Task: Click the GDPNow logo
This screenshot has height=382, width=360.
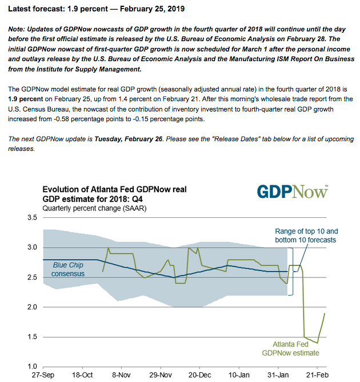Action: tap(293, 192)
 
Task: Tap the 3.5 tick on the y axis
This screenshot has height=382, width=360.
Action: tap(32, 217)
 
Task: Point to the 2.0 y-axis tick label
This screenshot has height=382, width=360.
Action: tap(32, 307)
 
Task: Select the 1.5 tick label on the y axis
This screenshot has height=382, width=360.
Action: tap(32, 337)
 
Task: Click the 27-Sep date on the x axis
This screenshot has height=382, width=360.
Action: tap(43, 375)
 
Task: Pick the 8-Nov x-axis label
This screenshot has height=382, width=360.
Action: tap(122, 375)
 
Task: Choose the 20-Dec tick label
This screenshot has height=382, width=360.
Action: tap(199, 375)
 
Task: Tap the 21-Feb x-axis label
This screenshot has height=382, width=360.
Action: tap(317, 375)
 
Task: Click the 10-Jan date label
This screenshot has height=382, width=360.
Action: tap(239, 375)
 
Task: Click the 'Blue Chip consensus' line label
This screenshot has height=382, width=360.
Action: tap(68, 269)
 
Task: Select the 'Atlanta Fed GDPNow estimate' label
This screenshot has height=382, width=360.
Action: tap(290, 349)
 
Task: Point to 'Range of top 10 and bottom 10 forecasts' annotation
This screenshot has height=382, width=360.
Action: tap(306, 236)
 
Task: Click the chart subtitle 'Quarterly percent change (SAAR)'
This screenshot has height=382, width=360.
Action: tap(94, 209)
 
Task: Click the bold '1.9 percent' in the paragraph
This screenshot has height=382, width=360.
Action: tap(26, 99)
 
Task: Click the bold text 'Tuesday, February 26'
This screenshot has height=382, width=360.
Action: tap(129, 139)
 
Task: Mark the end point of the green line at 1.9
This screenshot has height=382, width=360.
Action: tap(325, 313)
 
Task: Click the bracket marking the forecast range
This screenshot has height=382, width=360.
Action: tap(293, 272)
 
